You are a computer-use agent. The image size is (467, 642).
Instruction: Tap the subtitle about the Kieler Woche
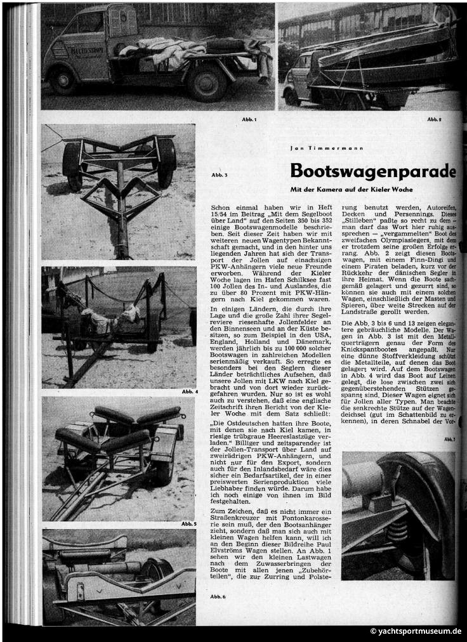[352, 190]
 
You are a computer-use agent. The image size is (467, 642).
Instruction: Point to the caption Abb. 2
[433, 119]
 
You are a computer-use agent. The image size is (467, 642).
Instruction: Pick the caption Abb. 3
[219, 175]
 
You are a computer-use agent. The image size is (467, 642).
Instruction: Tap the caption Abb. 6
[218, 596]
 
